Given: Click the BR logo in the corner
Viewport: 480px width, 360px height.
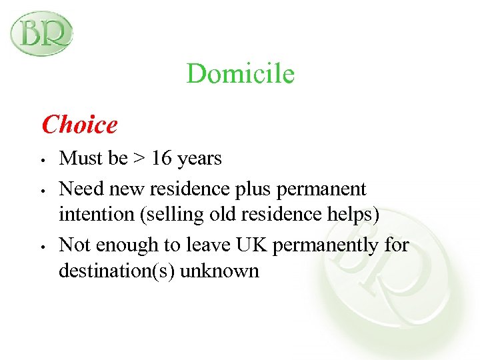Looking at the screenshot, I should point(41,33).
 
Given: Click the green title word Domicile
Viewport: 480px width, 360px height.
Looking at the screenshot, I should point(240,73).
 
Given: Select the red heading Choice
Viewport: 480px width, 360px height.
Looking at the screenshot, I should point(79,124).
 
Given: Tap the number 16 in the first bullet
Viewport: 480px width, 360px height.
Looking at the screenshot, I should point(161,159).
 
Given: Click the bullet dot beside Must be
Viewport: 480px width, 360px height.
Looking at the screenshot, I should point(42,161).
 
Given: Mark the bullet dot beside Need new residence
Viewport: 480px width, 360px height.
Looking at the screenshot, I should point(42,191).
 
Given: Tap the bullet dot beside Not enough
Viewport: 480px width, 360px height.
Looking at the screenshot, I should point(42,247).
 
